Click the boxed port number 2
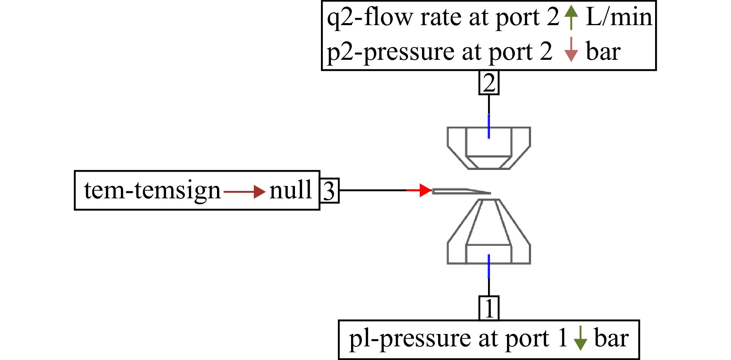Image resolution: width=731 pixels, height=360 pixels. click(x=489, y=82)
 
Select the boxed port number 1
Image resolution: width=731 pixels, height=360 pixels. click(x=489, y=308)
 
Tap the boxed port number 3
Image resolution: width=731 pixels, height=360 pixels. click(x=329, y=191)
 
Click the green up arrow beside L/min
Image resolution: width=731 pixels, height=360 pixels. click(x=571, y=17)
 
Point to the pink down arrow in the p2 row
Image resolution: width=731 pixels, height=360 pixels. click(x=571, y=49)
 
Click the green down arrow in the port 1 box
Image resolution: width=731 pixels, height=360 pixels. click(x=580, y=338)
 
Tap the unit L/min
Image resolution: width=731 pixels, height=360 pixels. click(x=619, y=17)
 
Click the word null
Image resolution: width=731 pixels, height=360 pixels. click(x=290, y=190)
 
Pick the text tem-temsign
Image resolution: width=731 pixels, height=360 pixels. click(x=152, y=191)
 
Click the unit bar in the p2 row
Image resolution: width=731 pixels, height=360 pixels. click(x=603, y=52)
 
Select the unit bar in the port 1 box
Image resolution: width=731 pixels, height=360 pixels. click(x=611, y=338)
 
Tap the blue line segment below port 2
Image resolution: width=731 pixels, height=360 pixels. click(x=489, y=126)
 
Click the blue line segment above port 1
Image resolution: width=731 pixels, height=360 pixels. click(x=489, y=266)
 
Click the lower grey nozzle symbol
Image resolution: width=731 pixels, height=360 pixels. click(x=489, y=231)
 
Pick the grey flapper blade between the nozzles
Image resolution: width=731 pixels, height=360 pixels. click(x=461, y=191)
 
